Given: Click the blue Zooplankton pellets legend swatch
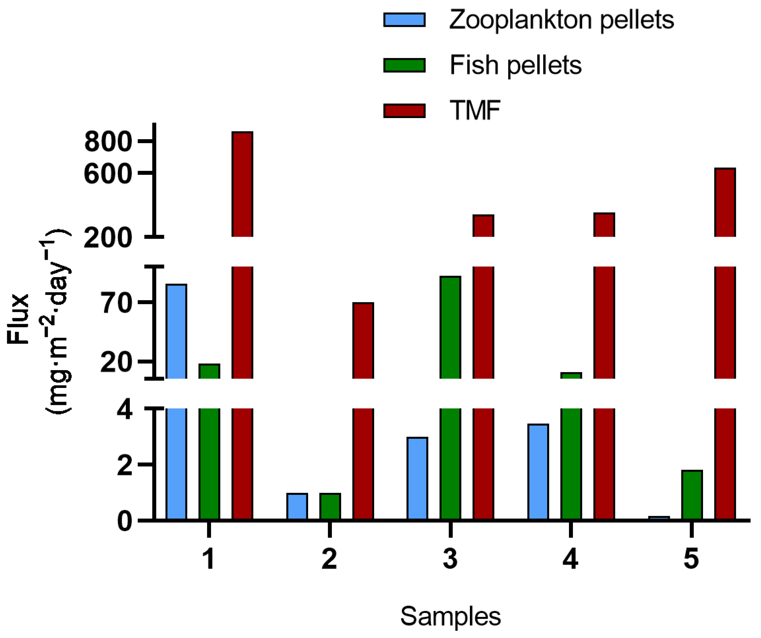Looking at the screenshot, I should pos(404,20).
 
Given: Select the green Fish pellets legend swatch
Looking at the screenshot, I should pos(404,65).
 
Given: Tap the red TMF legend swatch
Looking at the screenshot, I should pos(404,111).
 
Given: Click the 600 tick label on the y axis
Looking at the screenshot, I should pos(108,174).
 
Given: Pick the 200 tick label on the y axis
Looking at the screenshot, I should pos(108,238).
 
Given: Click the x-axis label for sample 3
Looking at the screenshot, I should pos(450,559).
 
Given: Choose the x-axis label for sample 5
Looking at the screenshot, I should pos(691,559).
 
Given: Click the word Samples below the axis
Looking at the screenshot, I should pos(451,616).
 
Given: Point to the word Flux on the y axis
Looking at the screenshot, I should pos(18,319).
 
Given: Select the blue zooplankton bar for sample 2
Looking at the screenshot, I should pos(297,506).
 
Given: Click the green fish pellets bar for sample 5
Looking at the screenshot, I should pos(692,495).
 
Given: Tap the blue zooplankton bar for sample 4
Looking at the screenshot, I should pos(538,472).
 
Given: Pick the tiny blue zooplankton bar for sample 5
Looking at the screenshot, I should pos(659,518).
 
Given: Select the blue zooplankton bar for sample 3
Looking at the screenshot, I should pos(417,478).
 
